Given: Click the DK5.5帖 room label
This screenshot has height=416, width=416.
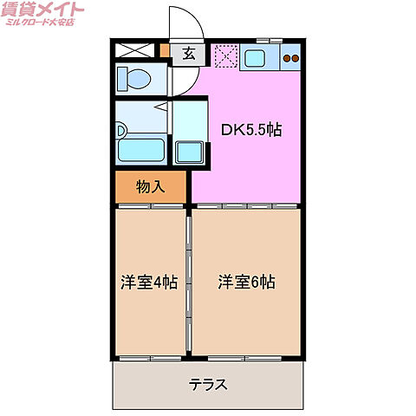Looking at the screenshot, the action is (251, 130).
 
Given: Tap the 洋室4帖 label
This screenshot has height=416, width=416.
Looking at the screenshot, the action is (149, 282).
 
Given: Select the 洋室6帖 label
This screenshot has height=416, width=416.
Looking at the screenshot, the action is (246, 282).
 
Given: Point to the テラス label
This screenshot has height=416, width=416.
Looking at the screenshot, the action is (208, 385).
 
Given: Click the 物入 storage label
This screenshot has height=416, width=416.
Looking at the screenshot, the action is (151, 186).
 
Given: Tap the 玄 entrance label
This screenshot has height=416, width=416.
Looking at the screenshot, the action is (189, 54).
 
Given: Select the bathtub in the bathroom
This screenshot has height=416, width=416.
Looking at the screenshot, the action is (141, 150).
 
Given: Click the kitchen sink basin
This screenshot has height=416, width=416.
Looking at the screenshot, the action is (254, 58).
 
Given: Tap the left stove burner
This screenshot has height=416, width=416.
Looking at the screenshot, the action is (287, 58).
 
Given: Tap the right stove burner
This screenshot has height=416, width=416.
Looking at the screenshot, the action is (295, 58).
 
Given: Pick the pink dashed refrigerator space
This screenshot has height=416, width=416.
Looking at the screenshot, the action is (226, 55).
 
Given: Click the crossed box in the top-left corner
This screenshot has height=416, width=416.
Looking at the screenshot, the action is (135, 50).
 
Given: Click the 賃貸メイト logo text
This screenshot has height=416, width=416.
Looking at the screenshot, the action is (42, 10).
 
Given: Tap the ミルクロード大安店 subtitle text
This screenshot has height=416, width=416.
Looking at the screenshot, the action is (40, 22).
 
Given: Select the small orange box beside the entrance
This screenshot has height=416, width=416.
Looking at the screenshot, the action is (165, 50).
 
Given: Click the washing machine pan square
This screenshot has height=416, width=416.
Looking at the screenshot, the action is (189, 153).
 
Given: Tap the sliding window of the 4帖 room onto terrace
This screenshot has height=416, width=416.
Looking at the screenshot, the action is (150, 358).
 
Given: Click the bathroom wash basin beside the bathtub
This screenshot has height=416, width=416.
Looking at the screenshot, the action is (120, 130).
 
